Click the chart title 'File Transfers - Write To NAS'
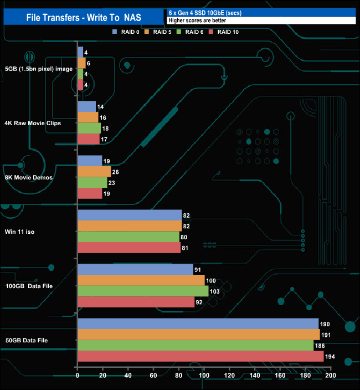click(83, 17)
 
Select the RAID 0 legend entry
click(126, 32)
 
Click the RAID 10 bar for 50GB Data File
click(200, 356)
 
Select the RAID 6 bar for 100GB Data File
click(143, 291)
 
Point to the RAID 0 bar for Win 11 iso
click(130, 215)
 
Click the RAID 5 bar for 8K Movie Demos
click(94, 172)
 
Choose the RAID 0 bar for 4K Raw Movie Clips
click(87, 106)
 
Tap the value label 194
click(331, 356)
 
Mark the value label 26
click(116, 172)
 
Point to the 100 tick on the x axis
click(204, 376)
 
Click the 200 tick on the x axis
click(331, 376)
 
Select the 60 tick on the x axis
click(153, 376)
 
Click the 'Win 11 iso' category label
click(20, 232)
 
